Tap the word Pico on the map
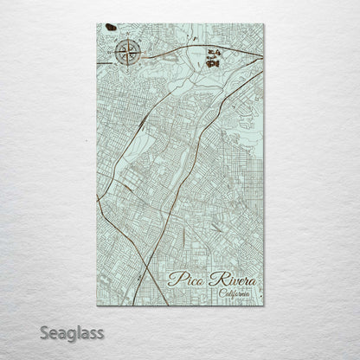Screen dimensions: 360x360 point(188,279)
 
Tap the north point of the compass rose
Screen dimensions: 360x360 point(125,39)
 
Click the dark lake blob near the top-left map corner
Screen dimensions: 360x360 point(111,28)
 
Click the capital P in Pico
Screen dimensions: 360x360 point(175,278)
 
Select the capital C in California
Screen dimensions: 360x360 point(221,294)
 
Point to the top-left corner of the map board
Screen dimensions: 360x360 point(97,24)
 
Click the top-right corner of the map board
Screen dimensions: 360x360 point(264,24)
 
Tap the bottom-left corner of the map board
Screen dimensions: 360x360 point(97,305)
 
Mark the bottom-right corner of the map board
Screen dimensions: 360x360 point(264,305)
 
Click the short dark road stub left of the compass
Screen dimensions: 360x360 point(101,58)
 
